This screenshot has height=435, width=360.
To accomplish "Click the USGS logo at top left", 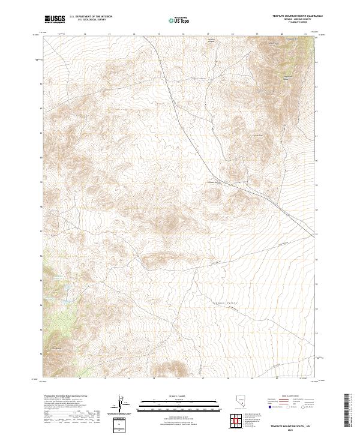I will pyautogui.click(x=55, y=20).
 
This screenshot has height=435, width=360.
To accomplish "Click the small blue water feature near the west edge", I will pyautogui.click(x=59, y=277).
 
